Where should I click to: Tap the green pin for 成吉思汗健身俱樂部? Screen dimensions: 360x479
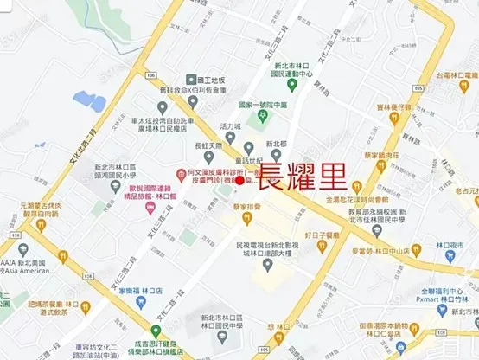[x=155, y=331]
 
